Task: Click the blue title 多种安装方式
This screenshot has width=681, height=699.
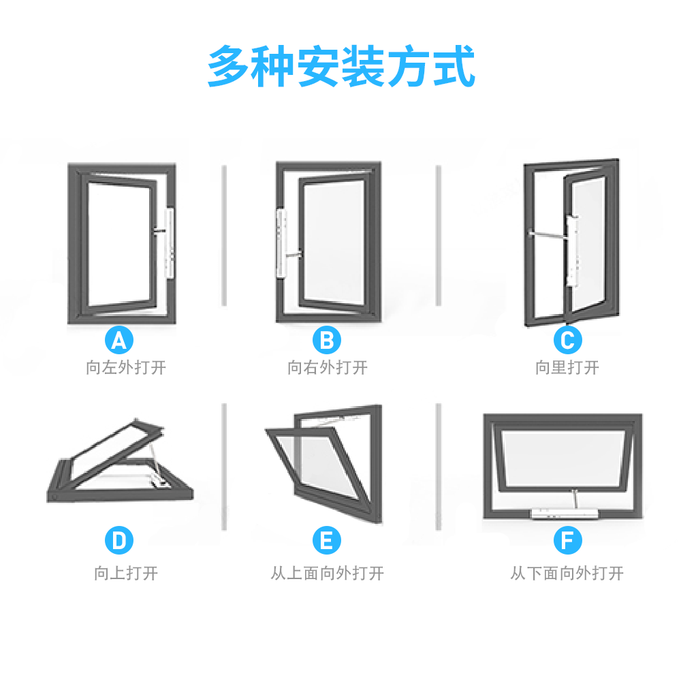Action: pyautogui.click(x=340, y=66)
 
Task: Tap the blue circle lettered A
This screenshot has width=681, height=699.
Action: pyautogui.click(x=119, y=339)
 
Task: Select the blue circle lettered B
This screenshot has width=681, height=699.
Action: pyautogui.click(x=327, y=339)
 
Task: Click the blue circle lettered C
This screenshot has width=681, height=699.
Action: pyautogui.click(x=567, y=339)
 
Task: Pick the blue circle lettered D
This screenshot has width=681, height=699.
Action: pyautogui.click(x=119, y=541)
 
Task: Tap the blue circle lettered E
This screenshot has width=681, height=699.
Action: pyautogui.click(x=327, y=541)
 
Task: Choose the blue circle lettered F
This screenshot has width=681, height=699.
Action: pyautogui.click(x=567, y=541)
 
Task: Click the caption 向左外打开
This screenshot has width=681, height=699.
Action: pyautogui.click(x=126, y=368)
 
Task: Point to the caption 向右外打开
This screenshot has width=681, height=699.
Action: pyautogui.click(x=327, y=368)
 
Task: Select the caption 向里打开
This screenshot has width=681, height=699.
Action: pyautogui.click(x=567, y=368)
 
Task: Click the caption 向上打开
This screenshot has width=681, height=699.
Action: pyautogui.click(x=126, y=573)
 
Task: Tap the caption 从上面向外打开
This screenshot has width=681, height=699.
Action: pyautogui.click(x=327, y=573)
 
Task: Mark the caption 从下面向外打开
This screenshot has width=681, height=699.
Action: pyautogui.click(x=567, y=573)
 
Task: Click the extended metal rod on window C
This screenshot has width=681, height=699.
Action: pyautogui.click(x=548, y=234)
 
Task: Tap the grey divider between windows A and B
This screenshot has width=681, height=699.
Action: pyautogui.click(x=223, y=235)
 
